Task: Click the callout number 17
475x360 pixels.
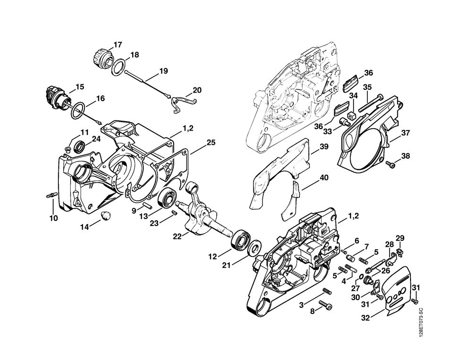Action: click(x=117, y=45)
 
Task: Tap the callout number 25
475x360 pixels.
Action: click(x=211, y=142)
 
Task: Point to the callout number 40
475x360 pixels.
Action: click(x=324, y=178)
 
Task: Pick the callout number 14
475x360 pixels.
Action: click(x=84, y=227)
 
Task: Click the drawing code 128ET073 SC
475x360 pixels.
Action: click(x=421, y=322)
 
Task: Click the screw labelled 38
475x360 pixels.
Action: click(x=391, y=164)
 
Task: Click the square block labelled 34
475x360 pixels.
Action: click(x=352, y=116)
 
